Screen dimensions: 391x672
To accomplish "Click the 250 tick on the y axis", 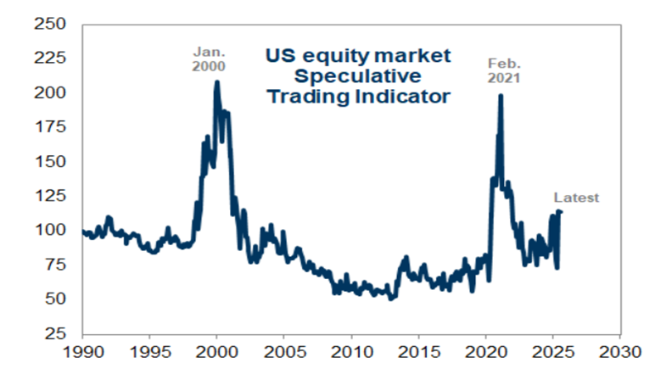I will [53, 24].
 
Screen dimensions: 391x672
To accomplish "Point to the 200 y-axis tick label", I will [53, 92].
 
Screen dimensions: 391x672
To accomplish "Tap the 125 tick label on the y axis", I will [53, 196].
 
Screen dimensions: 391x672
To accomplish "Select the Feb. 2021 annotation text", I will [506, 70].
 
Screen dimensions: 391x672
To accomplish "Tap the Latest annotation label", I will [577, 198].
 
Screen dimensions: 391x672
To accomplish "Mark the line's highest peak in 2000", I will [217, 81].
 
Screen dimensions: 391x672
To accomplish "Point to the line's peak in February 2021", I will [501, 95].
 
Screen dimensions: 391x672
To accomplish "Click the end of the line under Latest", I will [561, 211].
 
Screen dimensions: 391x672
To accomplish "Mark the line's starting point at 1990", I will [83, 231].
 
